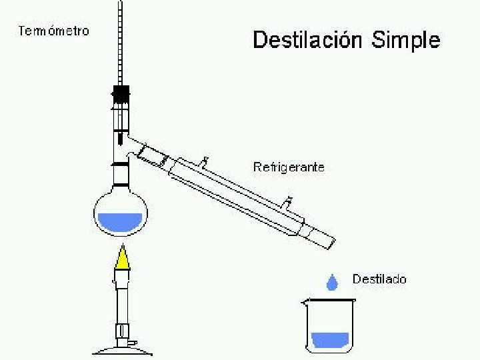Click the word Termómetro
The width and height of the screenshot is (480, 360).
point(54,31)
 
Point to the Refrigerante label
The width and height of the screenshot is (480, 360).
point(289,167)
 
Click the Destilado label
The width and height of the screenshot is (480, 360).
point(379,279)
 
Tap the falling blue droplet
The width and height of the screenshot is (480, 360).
point(331,283)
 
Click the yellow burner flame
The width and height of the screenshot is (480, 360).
point(122,259)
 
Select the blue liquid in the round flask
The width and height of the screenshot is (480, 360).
point(120,222)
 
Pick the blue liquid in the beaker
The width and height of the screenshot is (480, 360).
point(329,339)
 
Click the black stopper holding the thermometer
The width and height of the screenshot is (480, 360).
point(121,94)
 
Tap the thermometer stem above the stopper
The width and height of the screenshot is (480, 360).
point(120,47)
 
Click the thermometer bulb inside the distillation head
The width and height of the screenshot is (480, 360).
point(121,138)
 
